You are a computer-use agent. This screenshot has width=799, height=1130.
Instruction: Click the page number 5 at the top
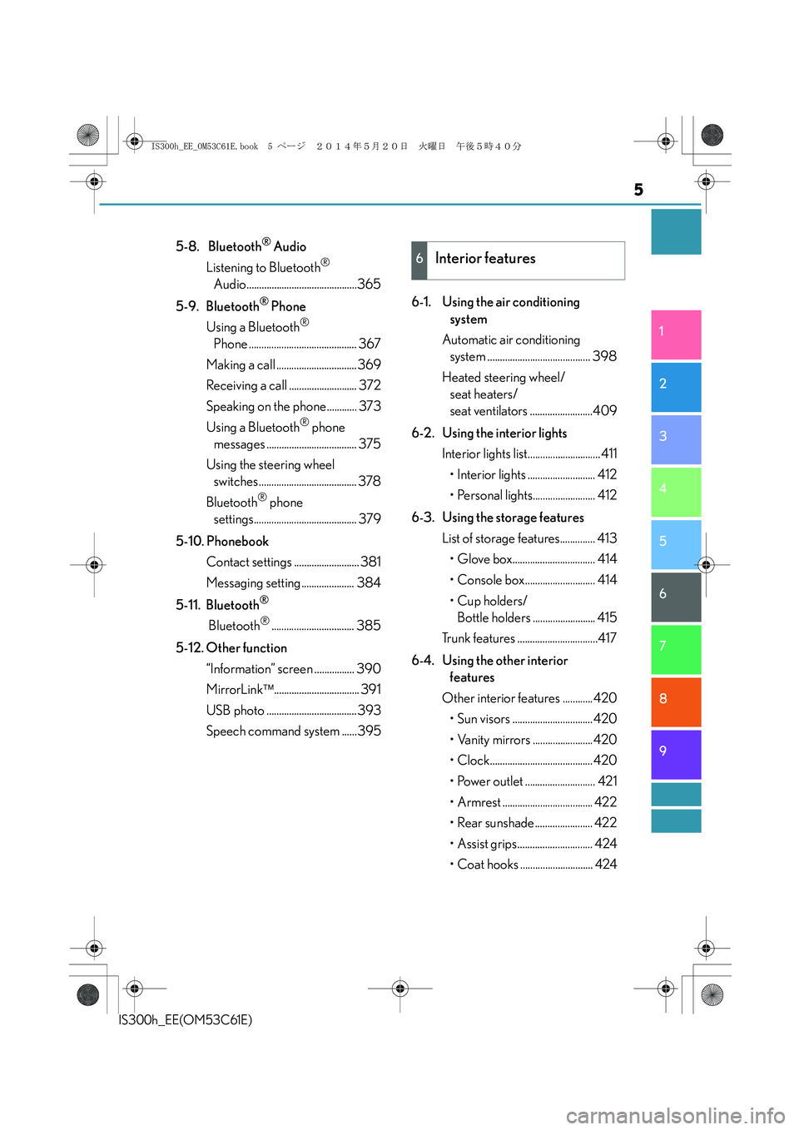(638, 190)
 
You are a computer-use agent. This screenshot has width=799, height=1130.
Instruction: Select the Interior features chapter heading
(485, 259)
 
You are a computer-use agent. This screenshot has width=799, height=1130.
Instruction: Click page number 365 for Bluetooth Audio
(369, 284)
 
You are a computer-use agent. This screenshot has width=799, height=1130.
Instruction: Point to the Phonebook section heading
(237, 541)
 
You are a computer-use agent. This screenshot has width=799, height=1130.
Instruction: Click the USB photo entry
(236, 710)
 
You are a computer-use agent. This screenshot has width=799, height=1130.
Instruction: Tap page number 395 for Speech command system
(369, 731)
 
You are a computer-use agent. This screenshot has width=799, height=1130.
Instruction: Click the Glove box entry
(484, 559)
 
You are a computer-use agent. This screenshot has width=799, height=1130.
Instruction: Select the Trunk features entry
(479, 638)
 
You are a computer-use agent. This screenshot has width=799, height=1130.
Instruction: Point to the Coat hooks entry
(488, 864)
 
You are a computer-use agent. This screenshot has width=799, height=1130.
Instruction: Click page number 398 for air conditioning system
(604, 356)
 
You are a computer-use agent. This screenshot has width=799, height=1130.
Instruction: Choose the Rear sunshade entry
(495, 822)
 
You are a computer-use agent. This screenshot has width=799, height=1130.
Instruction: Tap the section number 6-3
(422, 518)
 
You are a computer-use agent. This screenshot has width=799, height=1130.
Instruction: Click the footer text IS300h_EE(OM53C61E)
(186, 1019)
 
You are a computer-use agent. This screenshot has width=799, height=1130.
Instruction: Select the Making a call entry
(241, 364)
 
